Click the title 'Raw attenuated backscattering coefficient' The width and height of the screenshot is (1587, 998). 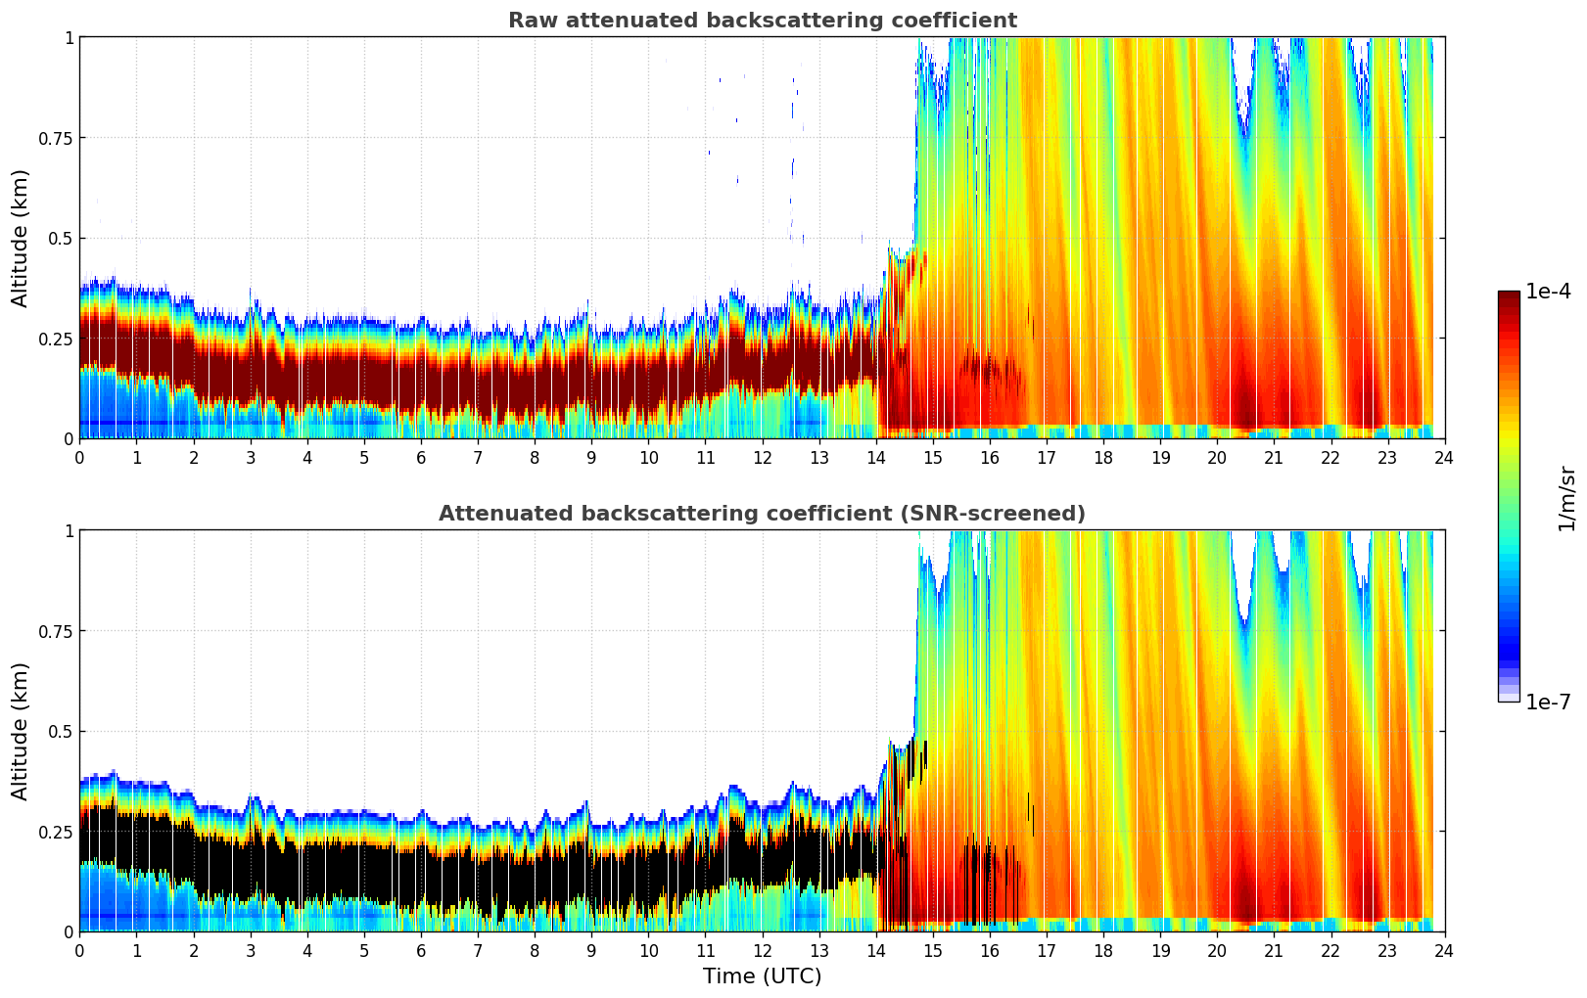762,21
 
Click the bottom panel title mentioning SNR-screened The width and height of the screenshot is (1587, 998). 762,514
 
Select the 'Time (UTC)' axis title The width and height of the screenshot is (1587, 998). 762,976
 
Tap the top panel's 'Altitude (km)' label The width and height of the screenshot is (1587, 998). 21,238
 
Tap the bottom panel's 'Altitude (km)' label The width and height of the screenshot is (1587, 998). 21,731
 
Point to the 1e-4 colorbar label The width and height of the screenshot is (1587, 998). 1548,292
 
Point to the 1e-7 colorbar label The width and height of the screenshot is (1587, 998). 1548,703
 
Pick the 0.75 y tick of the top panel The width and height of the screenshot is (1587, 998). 56,138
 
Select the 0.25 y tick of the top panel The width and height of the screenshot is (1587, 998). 56,339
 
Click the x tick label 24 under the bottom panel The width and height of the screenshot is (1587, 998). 1444,951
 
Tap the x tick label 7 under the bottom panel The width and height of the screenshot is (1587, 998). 478,951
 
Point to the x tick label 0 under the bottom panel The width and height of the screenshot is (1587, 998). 80,951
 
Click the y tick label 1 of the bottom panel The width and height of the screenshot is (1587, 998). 69,531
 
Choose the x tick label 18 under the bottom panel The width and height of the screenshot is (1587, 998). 1103,951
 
